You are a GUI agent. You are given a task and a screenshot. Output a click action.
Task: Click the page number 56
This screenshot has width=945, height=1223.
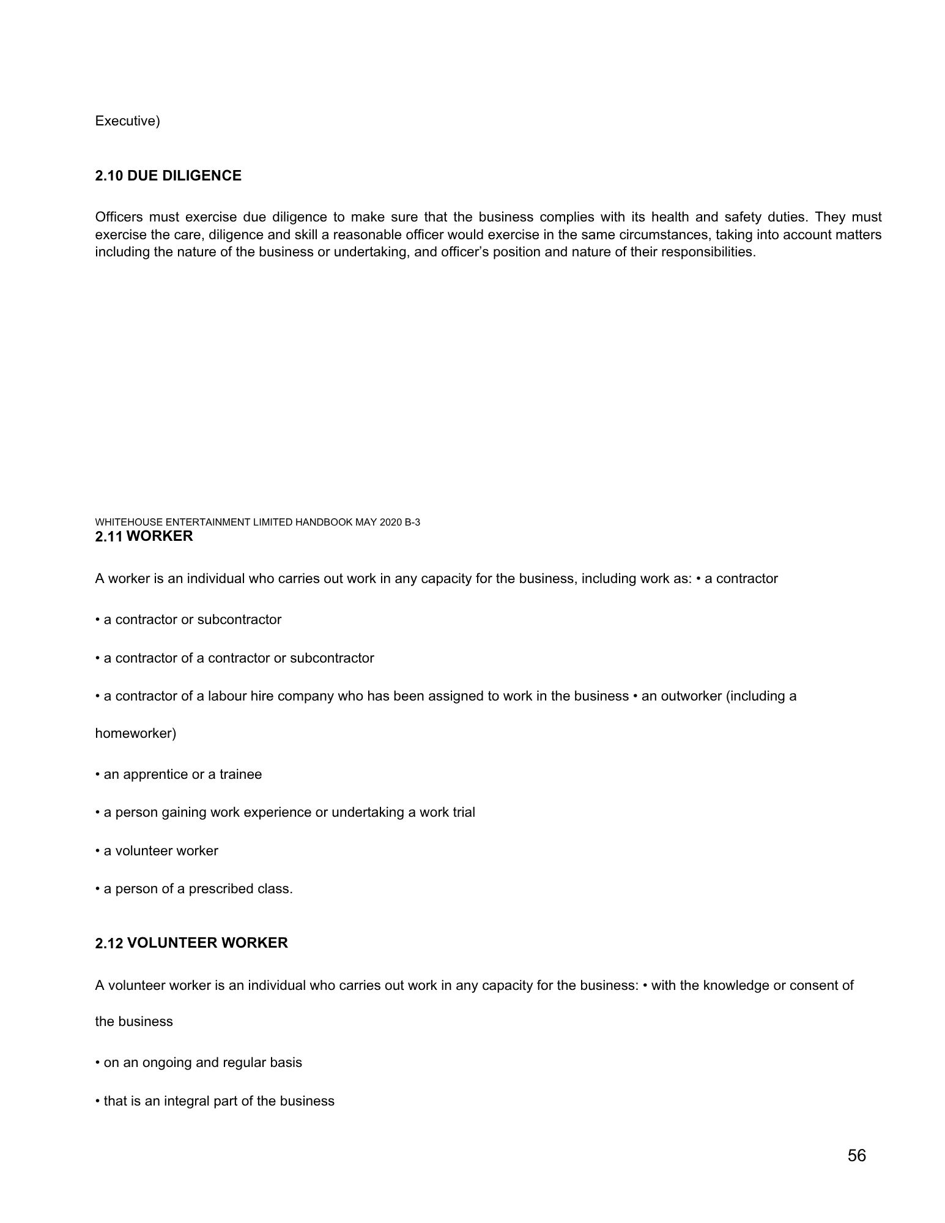pos(856,1156)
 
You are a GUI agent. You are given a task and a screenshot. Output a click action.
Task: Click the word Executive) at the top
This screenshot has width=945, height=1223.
pos(127,121)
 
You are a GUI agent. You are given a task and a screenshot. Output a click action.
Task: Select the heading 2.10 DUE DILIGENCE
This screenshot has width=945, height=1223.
pos(168,176)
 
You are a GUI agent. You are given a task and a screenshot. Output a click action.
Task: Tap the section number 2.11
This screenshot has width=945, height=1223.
pos(109,537)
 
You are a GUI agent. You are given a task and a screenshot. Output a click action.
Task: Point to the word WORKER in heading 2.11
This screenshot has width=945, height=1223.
pos(160,537)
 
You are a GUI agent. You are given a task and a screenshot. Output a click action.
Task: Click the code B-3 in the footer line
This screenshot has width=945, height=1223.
pos(412,522)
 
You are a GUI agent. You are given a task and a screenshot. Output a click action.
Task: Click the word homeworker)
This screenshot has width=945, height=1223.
pos(135,734)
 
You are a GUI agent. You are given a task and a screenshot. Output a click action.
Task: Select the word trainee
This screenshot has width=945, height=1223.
pos(240,775)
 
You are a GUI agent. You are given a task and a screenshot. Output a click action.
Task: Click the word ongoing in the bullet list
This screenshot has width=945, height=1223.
pos(166,1063)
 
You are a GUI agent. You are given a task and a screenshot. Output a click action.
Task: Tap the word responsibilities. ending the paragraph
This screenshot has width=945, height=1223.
pos(711,252)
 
